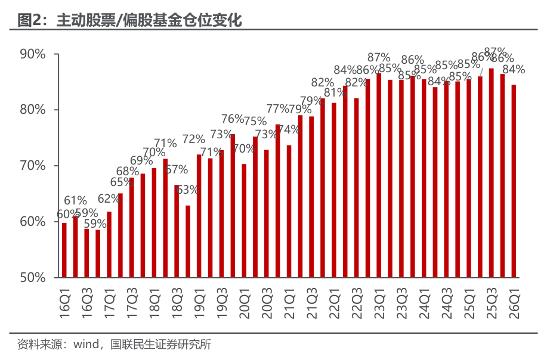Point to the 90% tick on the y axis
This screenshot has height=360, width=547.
tap(33, 54)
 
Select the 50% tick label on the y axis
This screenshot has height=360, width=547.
tap(33, 278)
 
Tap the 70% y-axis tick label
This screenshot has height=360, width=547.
tap(33, 166)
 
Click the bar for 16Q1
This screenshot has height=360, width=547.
tap(64, 250)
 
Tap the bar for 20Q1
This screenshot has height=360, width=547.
tap(244, 221)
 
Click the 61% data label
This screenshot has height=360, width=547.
tap(76, 200)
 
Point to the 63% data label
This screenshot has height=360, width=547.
tap(188, 190)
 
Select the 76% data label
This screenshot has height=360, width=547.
tap(233, 119)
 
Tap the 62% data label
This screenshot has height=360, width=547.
tap(109, 198)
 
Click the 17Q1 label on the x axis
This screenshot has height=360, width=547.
tap(109, 302)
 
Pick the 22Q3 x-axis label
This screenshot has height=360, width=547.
tap(357, 302)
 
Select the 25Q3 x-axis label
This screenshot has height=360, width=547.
tap(492, 302)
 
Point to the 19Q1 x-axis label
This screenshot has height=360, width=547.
tap(199, 302)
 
